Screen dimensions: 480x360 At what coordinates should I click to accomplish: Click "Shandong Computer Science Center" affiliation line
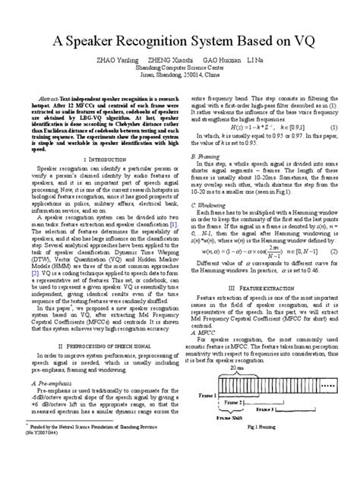pyautogui.click(x=180, y=65)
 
